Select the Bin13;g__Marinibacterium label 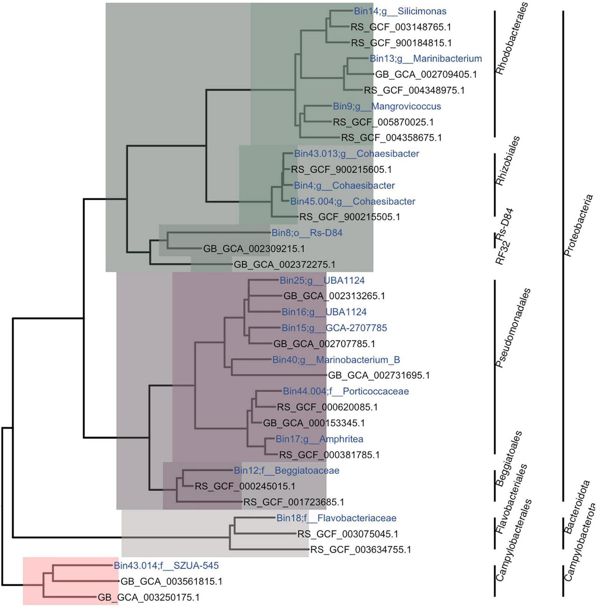pyautogui.click(x=425, y=59)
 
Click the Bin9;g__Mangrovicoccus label pyautogui.click(x=387, y=106)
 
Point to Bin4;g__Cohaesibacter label pyautogui.click(x=344, y=186)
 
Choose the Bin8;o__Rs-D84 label pyautogui.click(x=307, y=233)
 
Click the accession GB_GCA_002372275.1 pyautogui.click(x=284, y=264)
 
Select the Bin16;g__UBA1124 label pyautogui.click(x=324, y=312)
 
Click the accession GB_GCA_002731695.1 pyautogui.click(x=378, y=375)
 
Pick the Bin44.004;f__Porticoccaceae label pyautogui.click(x=345, y=391)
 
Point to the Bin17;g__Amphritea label pyautogui.click(x=319, y=439)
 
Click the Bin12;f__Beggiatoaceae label pyautogui.click(x=286, y=470)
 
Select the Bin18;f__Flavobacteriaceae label pyautogui.click(x=336, y=518)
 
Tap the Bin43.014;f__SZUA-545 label pyautogui.click(x=166, y=565)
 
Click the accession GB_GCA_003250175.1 pyautogui.click(x=148, y=597)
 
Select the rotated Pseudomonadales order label pyautogui.click(x=513, y=328)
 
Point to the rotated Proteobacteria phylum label pyautogui.click(x=579, y=226)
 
